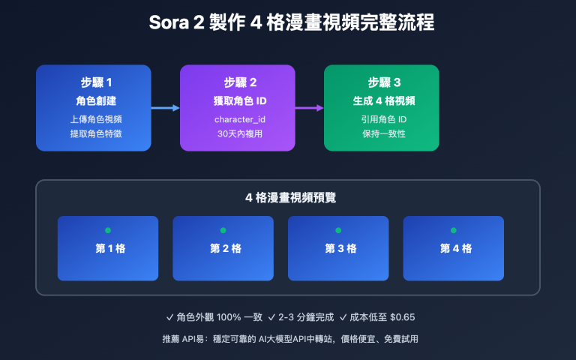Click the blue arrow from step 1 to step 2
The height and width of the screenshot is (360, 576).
[x=165, y=108]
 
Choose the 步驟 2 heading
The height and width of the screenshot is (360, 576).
[x=237, y=82]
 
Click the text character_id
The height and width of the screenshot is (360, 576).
[x=237, y=118]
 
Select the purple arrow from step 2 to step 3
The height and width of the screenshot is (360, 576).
[x=309, y=108]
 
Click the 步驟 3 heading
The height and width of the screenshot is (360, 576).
[x=381, y=82]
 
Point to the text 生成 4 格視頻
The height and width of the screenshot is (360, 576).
[x=381, y=100]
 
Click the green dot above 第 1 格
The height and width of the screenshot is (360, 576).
[x=108, y=230]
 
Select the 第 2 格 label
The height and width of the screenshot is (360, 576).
[x=223, y=248]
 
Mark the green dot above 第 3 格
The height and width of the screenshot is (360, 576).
[x=338, y=230]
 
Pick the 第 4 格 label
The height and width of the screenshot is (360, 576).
[x=453, y=248]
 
